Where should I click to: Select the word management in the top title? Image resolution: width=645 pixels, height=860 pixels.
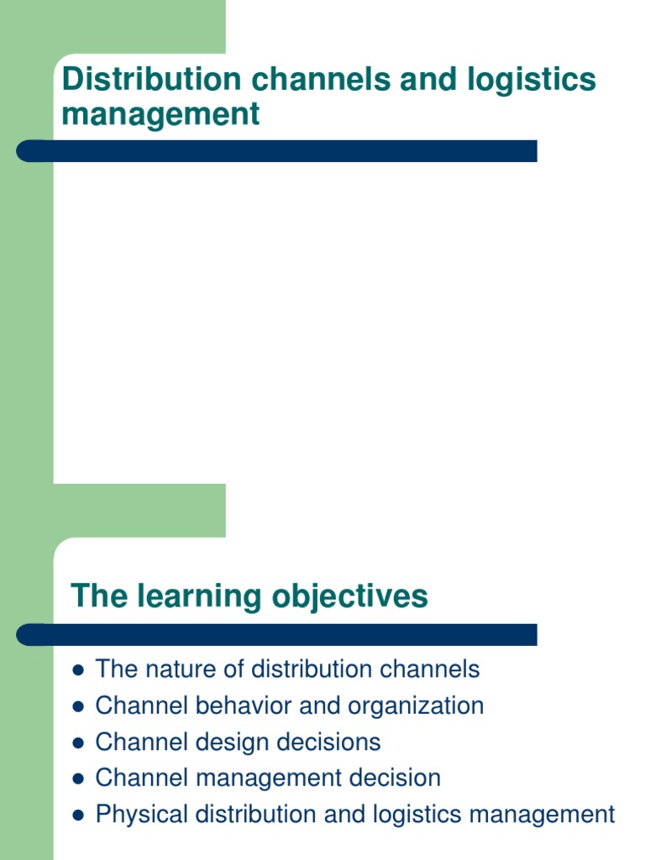160,114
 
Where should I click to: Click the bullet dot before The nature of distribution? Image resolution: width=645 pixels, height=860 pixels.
77,670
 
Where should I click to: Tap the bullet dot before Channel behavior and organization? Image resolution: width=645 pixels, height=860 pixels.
77,706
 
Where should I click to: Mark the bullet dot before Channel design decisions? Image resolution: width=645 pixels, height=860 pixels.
77,742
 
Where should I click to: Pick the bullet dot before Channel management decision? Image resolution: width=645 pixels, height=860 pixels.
77,779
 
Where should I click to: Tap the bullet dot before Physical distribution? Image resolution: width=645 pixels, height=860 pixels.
77,815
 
